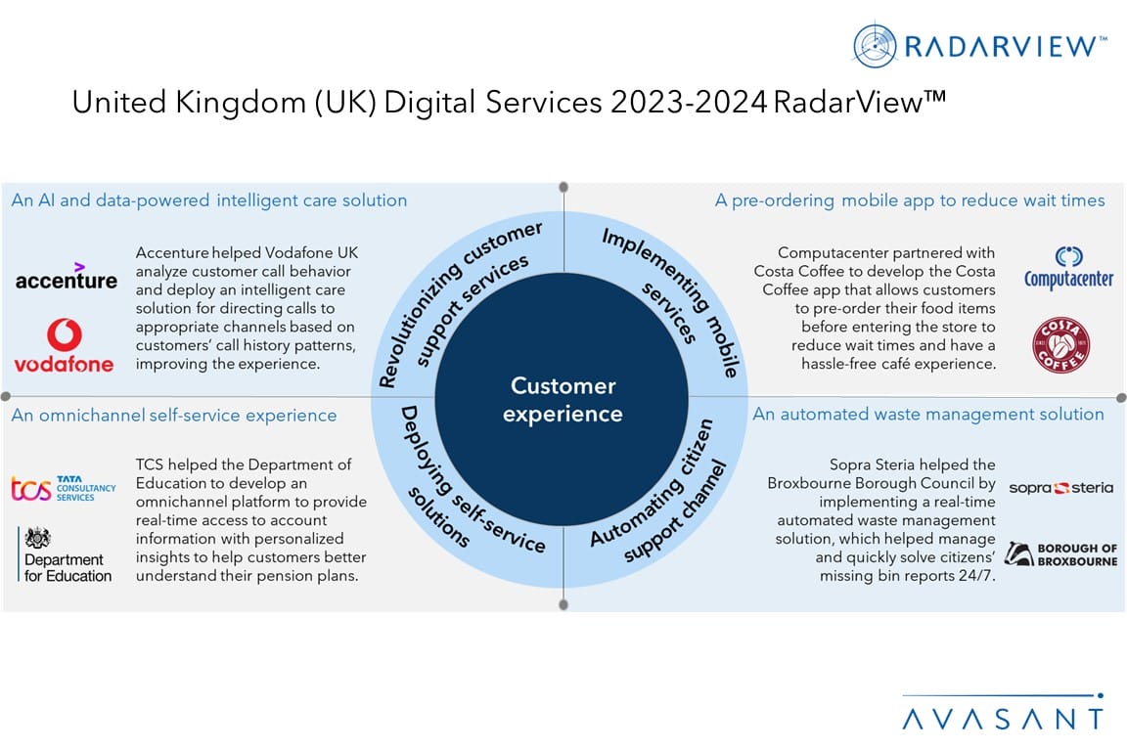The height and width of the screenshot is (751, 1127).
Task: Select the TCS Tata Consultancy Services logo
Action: click(63, 487)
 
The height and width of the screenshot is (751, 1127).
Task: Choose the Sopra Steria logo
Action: click(1060, 487)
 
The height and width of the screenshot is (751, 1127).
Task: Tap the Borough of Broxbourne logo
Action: click(1060, 554)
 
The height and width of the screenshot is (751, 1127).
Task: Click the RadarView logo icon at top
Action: click(875, 45)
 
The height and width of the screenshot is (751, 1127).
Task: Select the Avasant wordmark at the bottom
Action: click(1002, 719)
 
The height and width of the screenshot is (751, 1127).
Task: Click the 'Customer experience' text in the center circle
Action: click(562, 400)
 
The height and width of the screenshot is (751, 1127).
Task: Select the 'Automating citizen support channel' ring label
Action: click(661, 495)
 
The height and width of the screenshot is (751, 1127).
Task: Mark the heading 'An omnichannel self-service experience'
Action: click(174, 416)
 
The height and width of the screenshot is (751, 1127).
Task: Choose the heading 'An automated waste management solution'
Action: click(927, 415)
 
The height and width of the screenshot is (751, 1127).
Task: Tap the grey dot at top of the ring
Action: click(563, 187)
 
